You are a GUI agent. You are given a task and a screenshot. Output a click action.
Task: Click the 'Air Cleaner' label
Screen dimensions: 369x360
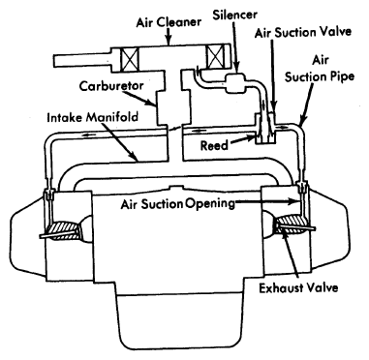(x=169, y=22)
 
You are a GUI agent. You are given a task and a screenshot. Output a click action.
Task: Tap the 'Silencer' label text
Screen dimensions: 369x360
(x=235, y=15)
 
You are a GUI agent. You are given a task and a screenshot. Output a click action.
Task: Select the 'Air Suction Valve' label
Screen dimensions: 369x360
(x=303, y=32)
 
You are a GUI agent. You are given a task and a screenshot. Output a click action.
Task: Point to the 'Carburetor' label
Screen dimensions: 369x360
(x=111, y=86)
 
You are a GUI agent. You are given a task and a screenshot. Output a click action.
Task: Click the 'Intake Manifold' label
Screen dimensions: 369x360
(x=93, y=117)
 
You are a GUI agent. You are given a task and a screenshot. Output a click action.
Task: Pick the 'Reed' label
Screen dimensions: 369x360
(x=214, y=145)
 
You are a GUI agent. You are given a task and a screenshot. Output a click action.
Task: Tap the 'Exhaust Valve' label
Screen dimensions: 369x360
(x=298, y=287)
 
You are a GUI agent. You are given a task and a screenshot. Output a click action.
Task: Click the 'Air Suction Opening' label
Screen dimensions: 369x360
(x=178, y=204)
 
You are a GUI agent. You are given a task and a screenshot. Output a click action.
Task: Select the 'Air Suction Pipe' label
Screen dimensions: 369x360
(x=320, y=69)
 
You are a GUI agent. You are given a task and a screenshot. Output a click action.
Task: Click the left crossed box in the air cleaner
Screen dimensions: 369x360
(x=129, y=60)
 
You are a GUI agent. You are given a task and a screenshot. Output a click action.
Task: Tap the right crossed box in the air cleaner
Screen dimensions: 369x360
(x=217, y=56)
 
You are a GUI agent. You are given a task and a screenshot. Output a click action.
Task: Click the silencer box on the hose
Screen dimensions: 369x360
(x=235, y=83)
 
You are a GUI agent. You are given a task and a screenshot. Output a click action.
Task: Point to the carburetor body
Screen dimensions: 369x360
(x=171, y=107)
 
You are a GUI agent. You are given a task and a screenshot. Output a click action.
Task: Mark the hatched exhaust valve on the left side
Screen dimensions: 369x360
(x=64, y=230)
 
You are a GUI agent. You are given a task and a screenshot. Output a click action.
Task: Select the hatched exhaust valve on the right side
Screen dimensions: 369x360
(x=291, y=225)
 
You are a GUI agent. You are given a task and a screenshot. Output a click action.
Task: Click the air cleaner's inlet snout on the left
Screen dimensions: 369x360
(x=82, y=60)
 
